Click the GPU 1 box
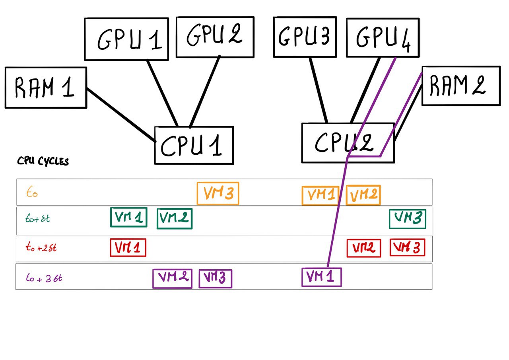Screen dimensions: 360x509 pyautogui.click(x=126, y=39)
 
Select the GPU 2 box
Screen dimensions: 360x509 pyautogui.click(x=215, y=37)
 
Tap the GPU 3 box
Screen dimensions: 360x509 pyautogui.click(x=305, y=37)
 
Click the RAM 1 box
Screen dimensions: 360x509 pyautogui.click(x=45, y=88)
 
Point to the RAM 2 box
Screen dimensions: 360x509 pyautogui.click(x=460, y=86)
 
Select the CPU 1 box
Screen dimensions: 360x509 pyautogui.click(x=194, y=145)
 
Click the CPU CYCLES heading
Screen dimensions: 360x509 pyautogui.click(x=43, y=162)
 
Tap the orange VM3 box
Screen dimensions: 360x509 pyautogui.click(x=218, y=194)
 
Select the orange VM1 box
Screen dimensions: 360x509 pyautogui.click(x=321, y=195)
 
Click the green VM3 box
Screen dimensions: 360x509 pyautogui.click(x=407, y=219)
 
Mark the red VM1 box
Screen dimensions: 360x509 pyautogui.click(x=128, y=247)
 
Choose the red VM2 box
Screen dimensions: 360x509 pyautogui.click(x=364, y=248)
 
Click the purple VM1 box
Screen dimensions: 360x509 pyautogui.click(x=321, y=277)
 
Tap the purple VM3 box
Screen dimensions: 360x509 pyautogui.click(x=215, y=278)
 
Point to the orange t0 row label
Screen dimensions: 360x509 pyautogui.click(x=32, y=193)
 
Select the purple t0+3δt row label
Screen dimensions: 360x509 pyautogui.click(x=44, y=278)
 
